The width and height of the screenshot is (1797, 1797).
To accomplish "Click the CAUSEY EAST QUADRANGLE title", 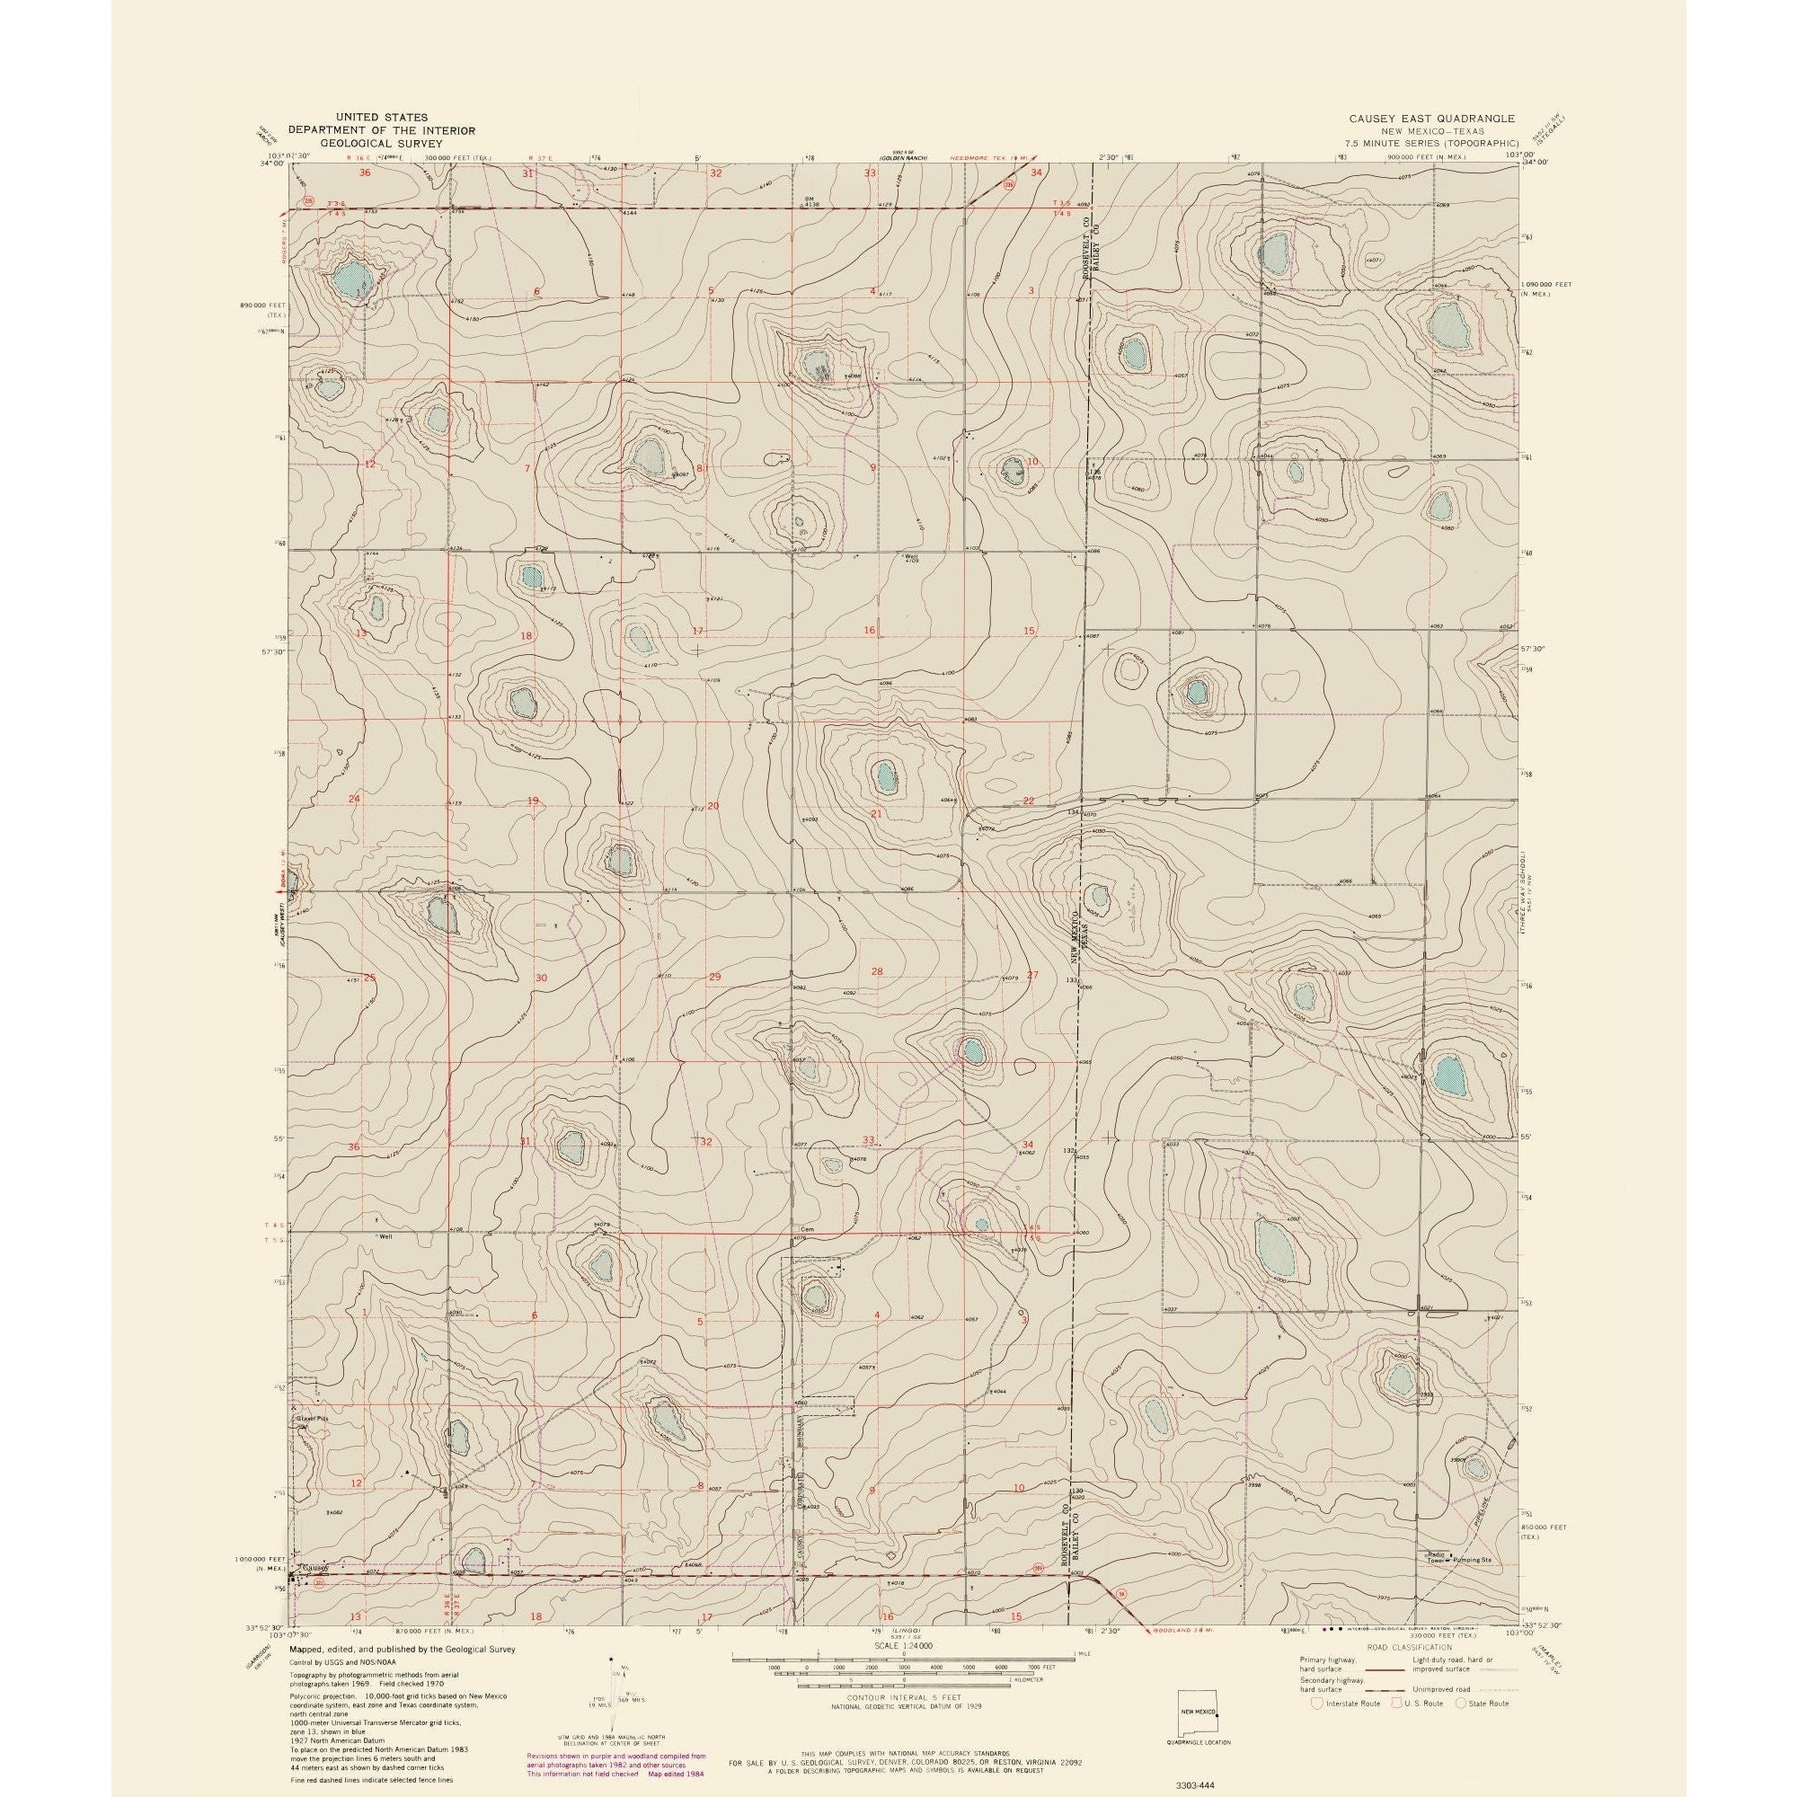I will [1433, 120].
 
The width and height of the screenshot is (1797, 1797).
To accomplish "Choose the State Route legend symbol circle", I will [1460, 1703].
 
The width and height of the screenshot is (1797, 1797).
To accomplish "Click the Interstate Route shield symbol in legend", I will [1315, 1703].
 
